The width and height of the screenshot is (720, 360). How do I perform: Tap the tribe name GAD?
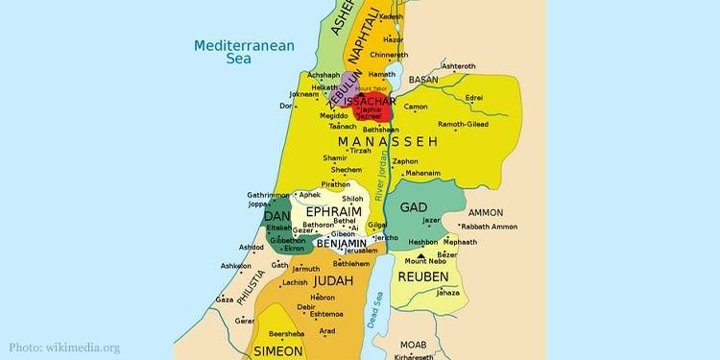(413, 208)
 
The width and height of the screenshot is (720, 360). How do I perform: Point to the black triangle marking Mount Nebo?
(407, 254)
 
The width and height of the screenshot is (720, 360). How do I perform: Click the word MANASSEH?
(388, 141)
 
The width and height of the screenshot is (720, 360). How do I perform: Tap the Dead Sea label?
(378, 312)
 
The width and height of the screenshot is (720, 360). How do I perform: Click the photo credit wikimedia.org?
(65, 348)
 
